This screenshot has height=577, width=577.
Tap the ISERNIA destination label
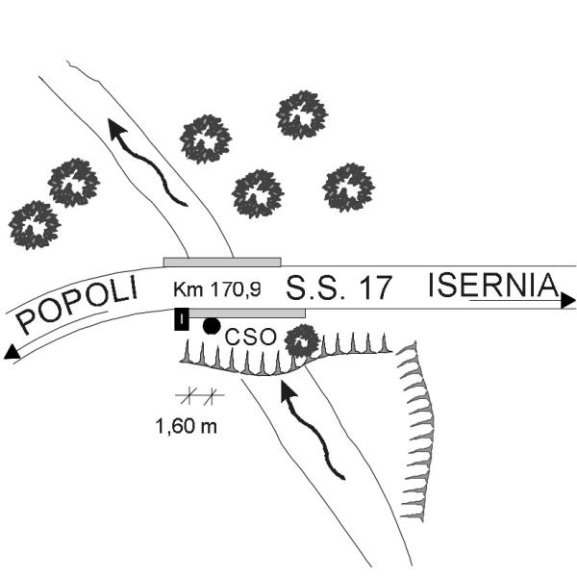pyautogui.click(x=493, y=286)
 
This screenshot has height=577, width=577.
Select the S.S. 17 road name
pyautogui.click(x=339, y=288)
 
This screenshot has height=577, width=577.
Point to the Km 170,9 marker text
pyautogui.click(x=217, y=289)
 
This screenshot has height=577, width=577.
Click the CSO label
pyautogui.click(x=250, y=337)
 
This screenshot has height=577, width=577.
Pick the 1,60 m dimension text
pyautogui.click(x=187, y=426)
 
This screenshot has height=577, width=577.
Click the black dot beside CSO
pyautogui.click(x=212, y=326)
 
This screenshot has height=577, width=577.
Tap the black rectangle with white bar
pyautogui.click(x=182, y=319)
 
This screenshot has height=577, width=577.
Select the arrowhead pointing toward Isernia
pyautogui.click(x=568, y=300)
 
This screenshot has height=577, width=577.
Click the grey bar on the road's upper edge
pyautogui.click(x=222, y=262)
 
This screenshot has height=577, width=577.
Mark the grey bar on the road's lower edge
pyautogui.click(x=247, y=314)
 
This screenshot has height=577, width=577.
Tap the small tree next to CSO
pyautogui.click(x=303, y=341)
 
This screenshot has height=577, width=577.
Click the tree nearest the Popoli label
pyautogui.click(x=35, y=225)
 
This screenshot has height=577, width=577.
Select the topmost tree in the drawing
pyautogui.click(x=302, y=114)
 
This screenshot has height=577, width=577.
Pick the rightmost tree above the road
pyautogui.click(x=348, y=188)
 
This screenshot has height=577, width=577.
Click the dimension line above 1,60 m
pyautogui.click(x=199, y=395)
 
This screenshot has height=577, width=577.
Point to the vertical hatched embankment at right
pyautogui.click(x=417, y=431)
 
